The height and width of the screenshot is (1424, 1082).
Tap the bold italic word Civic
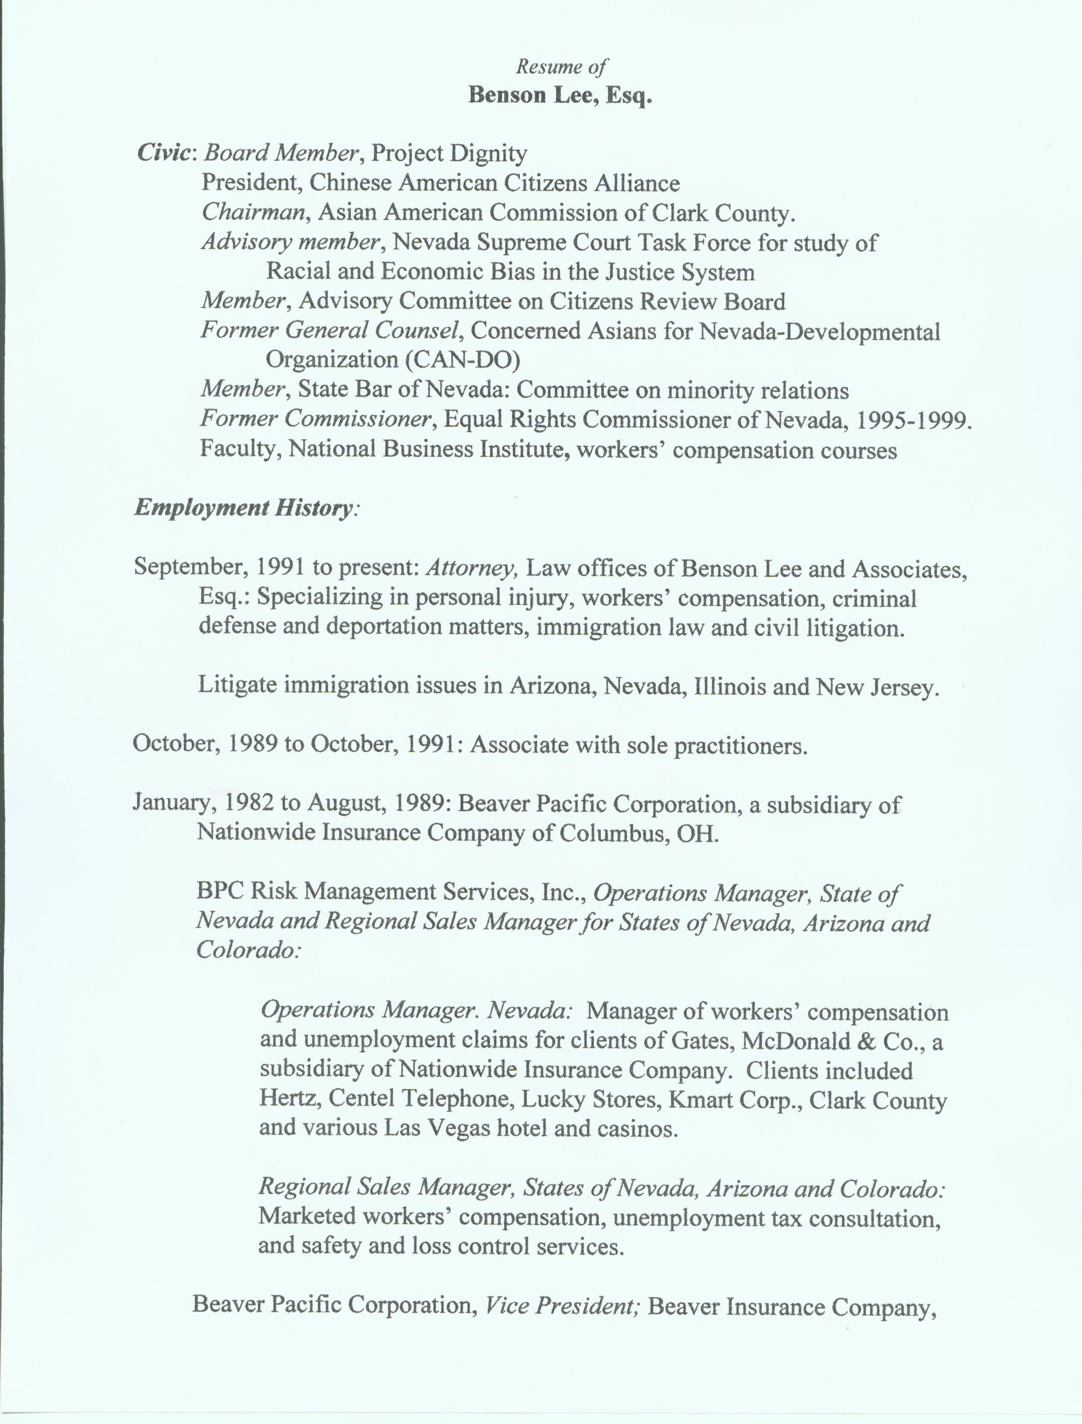164,153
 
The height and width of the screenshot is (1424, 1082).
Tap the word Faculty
239,448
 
